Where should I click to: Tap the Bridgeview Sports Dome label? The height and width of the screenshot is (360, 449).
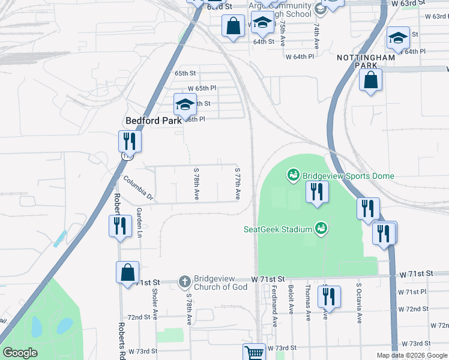348,176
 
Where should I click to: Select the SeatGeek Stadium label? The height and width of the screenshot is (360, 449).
279,229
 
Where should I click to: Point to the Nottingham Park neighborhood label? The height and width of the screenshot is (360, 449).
366,61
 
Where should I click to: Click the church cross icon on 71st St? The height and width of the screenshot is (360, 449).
184,281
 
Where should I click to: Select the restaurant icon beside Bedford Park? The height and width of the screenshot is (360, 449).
130,141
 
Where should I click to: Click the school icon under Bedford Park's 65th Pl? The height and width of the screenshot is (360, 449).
185,104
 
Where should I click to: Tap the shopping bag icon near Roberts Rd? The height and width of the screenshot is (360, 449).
128,272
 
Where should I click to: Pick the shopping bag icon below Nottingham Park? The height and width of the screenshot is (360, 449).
371,80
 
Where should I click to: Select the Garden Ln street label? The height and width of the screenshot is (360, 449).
139,223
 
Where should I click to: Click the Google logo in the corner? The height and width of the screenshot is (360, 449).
20,353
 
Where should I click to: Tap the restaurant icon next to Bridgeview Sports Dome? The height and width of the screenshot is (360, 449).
315,192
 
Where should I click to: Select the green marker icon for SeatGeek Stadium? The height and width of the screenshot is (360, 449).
321,228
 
